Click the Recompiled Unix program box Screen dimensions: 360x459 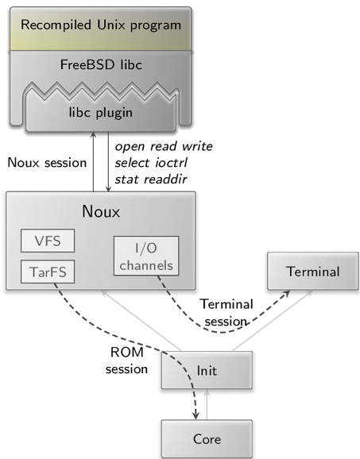click(x=101, y=29)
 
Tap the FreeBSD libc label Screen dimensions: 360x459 click(x=101, y=64)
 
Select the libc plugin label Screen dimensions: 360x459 click(x=101, y=113)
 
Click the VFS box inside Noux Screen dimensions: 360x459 click(x=48, y=241)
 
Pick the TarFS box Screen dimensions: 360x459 click(x=48, y=272)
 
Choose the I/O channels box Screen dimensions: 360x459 click(x=146, y=256)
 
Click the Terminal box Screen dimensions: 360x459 click(x=313, y=271)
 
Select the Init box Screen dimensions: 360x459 click(x=207, y=370)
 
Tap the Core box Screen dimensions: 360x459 click(x=207, y=439)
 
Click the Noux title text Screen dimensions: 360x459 click(x=101, y=211)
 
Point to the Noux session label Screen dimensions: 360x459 click(x=47, y=163)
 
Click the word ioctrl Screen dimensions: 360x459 click(x=171, y=163)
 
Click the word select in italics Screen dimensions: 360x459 click(x=133, y=163)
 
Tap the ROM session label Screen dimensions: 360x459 click(x=126, y=361)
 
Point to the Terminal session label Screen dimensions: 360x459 click(x=226, y=313)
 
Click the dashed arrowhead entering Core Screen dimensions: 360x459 click(x=195, y=415)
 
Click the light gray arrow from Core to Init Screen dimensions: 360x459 click(x=207, y=404)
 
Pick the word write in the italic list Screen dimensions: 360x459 click(x=197, y=146)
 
